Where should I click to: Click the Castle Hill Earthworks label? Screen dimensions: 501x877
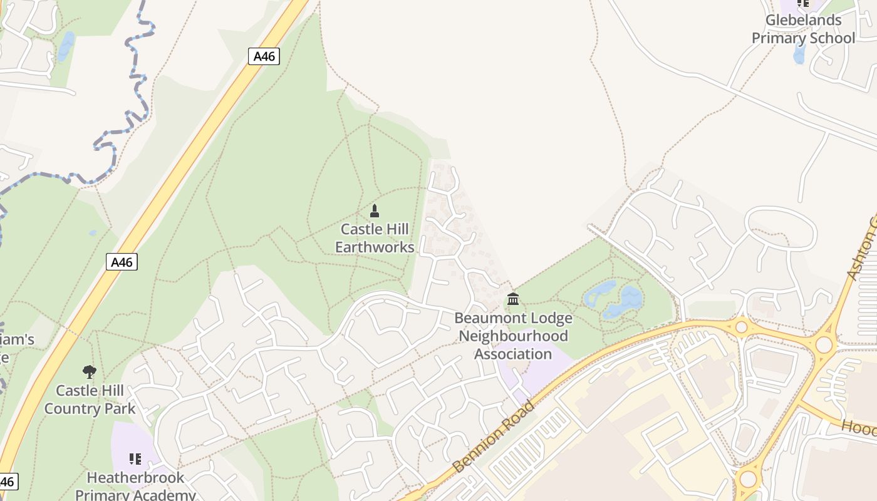(375, 239)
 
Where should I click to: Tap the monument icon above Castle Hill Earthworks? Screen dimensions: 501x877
(375, 210)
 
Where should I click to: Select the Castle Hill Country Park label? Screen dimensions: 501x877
(90, 400)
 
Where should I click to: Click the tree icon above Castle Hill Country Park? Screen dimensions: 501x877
(90, 372)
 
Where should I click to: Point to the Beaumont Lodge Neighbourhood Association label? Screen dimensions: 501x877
(513, 336)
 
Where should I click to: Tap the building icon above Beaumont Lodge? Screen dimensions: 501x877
(513, 299)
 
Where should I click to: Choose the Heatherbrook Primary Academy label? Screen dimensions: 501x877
(135, 486)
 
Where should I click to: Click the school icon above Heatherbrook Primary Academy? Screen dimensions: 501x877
(135, 459)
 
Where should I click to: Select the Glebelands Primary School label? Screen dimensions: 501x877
(803, 29)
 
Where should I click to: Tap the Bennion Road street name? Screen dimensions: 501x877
(494, 437)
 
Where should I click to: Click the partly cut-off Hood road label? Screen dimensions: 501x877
(859, 428)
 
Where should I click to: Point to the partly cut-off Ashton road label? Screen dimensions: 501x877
(861, 250)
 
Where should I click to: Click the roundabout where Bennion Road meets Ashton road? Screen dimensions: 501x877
(824, 344)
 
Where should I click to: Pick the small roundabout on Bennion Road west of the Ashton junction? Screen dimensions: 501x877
(742, 326)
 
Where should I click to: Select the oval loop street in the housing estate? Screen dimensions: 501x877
(781, 227)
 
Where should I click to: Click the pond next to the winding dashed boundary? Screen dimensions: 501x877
(65, 46)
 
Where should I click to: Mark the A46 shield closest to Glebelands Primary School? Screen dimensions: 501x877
(264, 56)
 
